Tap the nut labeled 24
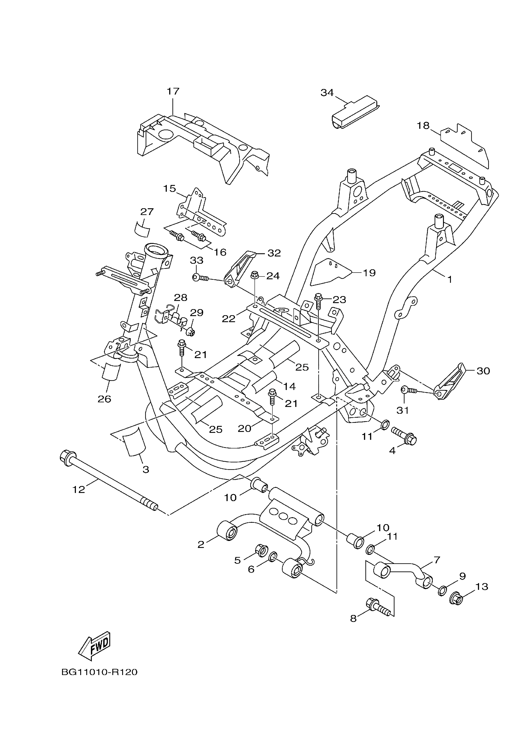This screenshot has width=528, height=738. [255, 276]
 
